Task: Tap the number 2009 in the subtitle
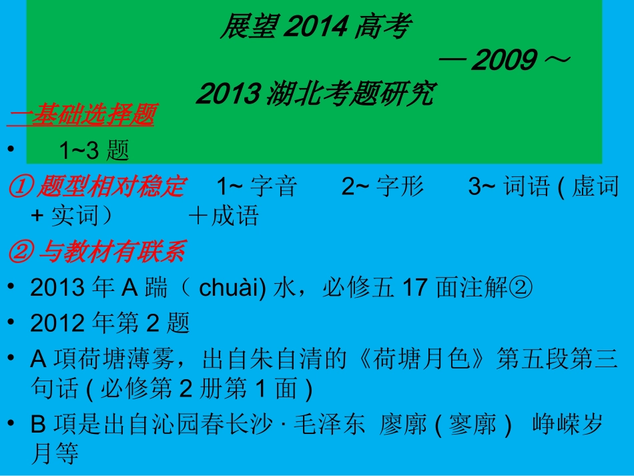pos(505,61)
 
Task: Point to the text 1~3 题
pos(93,150)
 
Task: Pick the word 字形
pos(400,187)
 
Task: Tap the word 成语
pos(234,216)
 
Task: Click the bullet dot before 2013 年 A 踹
pos(12,287)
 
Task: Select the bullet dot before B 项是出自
pos(12,424)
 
